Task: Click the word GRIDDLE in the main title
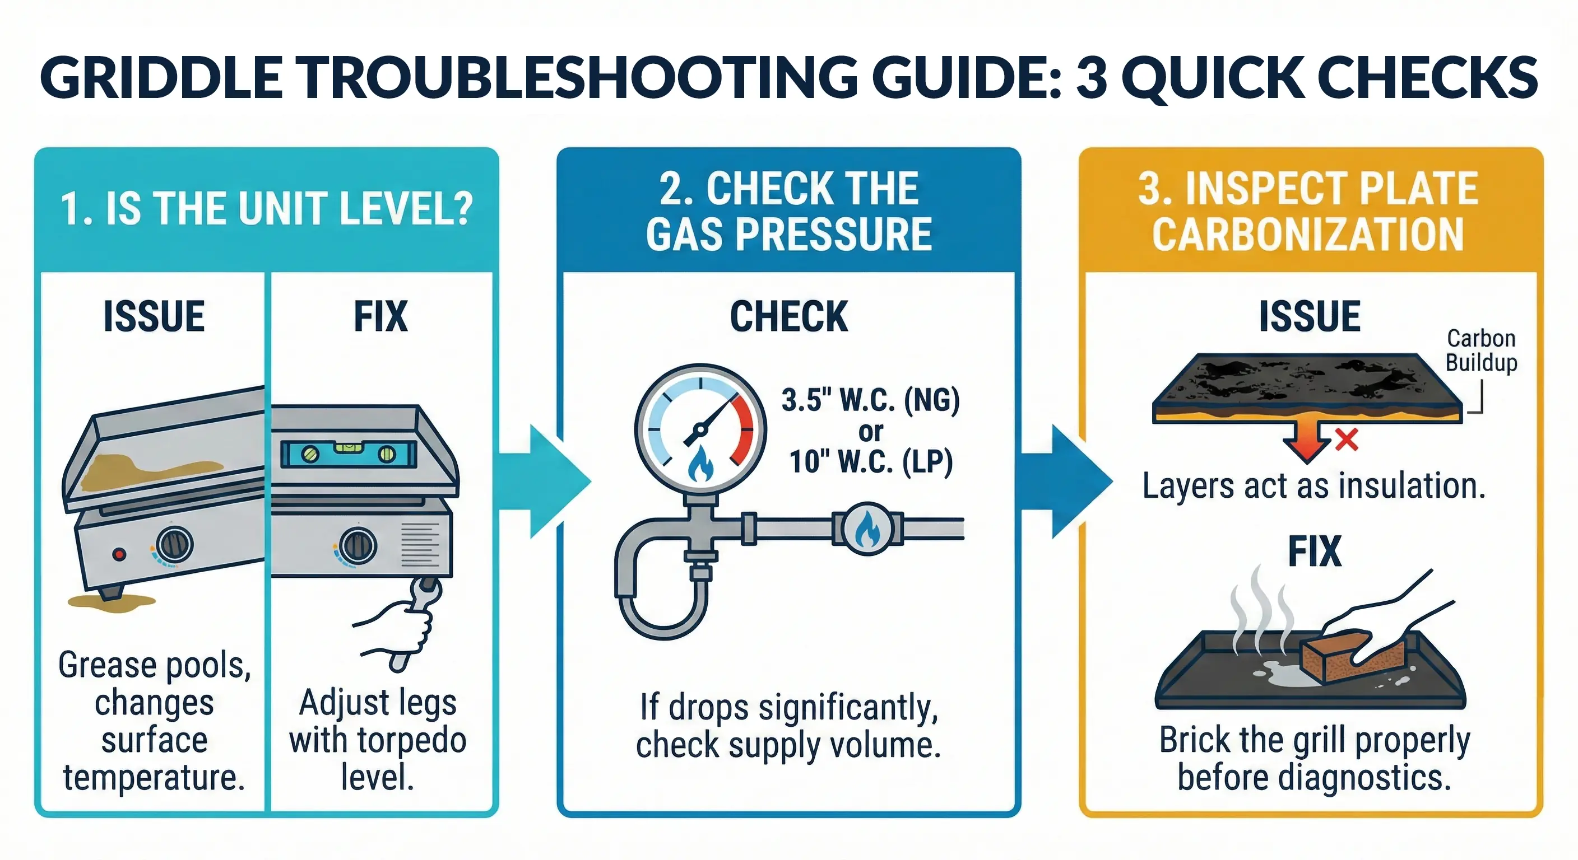point(160,78)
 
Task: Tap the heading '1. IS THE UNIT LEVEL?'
point(267,209)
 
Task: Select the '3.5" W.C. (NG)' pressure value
point(870,400)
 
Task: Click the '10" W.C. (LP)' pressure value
point(870,461)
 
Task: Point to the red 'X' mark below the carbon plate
point(1347,440)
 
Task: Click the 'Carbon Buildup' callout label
point(1480,350)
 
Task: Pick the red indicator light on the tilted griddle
point(119,554)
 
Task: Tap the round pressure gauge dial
point(700,428)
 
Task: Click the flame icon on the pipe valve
point(867,529)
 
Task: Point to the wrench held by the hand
point(416,612)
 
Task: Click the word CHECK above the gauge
point(788,317)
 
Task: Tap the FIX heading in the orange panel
point(1314,551)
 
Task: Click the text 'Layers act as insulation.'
point(1314,487)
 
